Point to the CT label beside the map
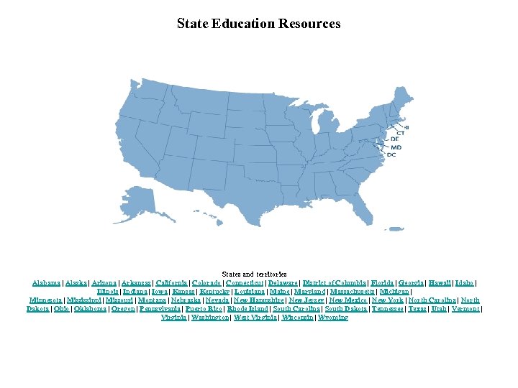401,133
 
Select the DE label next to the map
394,139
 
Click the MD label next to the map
396,147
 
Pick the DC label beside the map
391,154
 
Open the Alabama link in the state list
46,283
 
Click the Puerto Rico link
204,308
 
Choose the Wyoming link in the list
332,317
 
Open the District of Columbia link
335,283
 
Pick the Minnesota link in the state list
47,300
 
